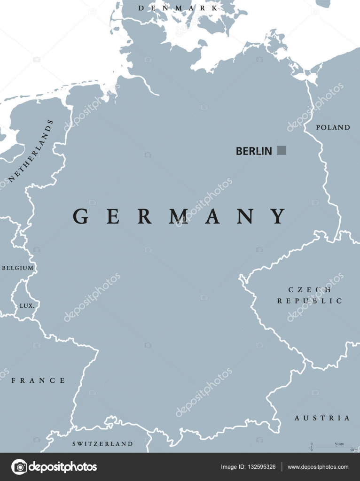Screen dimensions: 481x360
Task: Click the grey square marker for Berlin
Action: pos(281,150)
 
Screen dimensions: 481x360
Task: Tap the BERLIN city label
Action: pos(254,151)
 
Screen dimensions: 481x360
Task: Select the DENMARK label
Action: pos(178,8)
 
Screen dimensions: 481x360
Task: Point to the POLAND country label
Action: pos(333,127)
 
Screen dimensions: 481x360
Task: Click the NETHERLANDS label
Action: pos(31,151)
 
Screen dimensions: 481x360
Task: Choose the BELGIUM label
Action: pos(18,268)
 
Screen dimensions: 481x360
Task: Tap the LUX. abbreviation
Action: pos(26,305)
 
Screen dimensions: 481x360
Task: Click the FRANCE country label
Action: pos(39,380)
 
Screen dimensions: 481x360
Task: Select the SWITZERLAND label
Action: pos(102,443)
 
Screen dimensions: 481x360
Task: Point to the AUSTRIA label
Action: pos(322,418)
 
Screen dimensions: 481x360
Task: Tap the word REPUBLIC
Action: pos(310,301)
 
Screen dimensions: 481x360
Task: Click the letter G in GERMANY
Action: pos(80,216)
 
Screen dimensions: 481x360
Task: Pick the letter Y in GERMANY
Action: pos(279,216)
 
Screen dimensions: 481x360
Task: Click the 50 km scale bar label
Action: pos(339,444)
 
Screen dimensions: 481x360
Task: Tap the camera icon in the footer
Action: pos(19,466)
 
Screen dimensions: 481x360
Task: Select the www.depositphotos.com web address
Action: pos(318,467)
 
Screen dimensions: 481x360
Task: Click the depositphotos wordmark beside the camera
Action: pos(63,467)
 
